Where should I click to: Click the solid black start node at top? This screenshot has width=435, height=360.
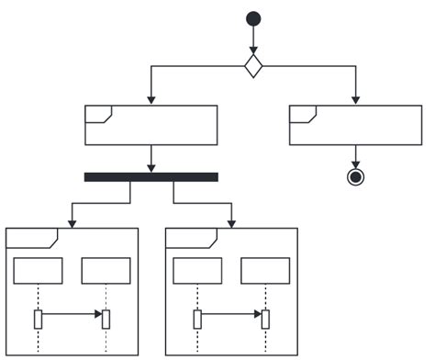[x=253, y=18]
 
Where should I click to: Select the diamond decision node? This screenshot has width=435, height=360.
[x=253, y=65]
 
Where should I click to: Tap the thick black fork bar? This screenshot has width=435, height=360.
[x=151, y=176]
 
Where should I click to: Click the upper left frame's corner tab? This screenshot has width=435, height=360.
[x=97, y=114]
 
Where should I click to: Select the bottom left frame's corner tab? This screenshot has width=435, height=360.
[x=31, y=237]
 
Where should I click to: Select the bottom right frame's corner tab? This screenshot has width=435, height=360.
[x=191, y=237]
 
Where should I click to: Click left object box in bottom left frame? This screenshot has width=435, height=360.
[x=39, y=271]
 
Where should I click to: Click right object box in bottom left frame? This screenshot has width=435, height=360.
[x=106, y=271]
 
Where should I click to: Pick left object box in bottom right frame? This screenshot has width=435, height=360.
[x=197, y=271]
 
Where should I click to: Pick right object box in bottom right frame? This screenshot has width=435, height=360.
[x=265, y=271]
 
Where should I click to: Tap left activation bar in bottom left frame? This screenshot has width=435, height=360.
[x=39, y=319]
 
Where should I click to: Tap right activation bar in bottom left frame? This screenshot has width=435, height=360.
[x=106, y=319]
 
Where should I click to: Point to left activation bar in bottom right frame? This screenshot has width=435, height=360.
[x=197, y=319]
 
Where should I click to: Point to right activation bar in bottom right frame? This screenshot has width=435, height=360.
[x=265, y=319]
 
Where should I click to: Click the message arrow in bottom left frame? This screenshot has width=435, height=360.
[x=72, y=314]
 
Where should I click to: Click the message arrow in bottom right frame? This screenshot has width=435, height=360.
[x=230, y=314]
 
